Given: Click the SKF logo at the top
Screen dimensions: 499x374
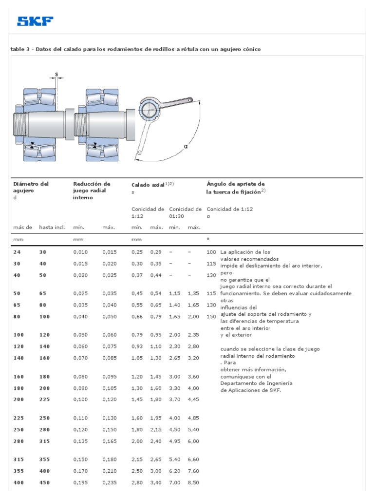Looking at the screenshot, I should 35,21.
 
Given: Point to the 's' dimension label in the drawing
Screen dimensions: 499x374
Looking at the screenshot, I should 56,75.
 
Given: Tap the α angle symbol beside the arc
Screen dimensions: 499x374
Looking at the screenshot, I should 186,146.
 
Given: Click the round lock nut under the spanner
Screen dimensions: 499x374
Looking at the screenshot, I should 150,110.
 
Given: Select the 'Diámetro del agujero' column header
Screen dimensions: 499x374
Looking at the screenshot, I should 31,187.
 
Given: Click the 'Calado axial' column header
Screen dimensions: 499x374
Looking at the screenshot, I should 148,185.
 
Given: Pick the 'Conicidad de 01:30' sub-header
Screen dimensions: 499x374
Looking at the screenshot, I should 185,212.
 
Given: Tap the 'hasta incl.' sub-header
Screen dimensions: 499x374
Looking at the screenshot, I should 52,228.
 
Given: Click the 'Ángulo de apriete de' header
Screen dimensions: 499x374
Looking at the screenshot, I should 236,184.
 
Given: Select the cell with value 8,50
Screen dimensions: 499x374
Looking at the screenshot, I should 194,482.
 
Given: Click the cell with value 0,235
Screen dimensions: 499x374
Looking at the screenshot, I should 110,482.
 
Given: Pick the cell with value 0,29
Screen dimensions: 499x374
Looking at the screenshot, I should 156,252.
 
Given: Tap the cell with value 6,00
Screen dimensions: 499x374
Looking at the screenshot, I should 194,441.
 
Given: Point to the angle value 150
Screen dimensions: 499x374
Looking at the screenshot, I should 211,316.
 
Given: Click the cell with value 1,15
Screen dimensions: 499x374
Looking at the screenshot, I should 175,294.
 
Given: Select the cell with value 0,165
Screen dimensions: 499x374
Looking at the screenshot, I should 110,441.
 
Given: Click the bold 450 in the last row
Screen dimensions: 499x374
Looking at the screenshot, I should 45,482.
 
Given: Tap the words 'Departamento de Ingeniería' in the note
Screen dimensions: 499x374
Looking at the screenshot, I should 253,384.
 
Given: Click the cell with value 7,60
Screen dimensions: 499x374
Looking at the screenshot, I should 194,471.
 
